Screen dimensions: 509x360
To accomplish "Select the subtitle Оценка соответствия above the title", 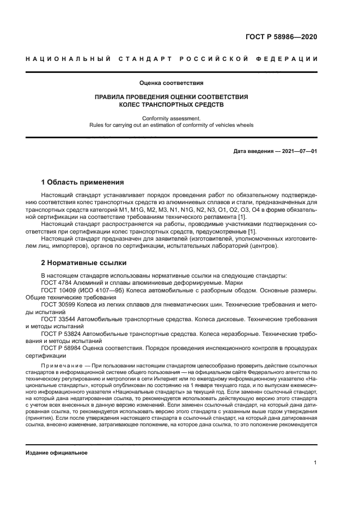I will coord(171,83).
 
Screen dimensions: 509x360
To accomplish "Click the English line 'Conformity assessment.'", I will coord(171,118).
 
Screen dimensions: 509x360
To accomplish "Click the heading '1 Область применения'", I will coord(83,182).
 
